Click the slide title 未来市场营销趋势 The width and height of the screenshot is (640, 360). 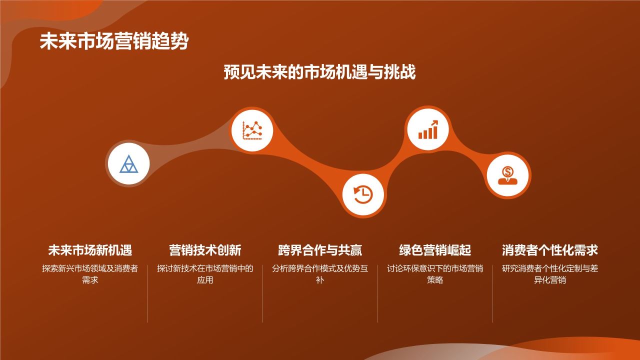click(114, 42)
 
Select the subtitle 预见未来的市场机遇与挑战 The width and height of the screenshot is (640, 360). click(319, 72)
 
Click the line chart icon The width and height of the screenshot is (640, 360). click(252, 130)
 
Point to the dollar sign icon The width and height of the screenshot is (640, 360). click(508, 175)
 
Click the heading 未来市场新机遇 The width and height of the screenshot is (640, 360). click(90, 250)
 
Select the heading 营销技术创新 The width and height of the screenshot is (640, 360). click(205, 250)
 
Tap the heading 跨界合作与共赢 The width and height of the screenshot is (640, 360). click(320, 250)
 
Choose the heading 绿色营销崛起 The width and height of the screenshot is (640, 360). click(435, 250)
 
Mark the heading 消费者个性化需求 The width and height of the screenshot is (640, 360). click(550, 250)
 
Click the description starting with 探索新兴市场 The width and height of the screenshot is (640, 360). click(90, 274)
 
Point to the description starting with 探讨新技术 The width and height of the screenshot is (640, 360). click(205, 274)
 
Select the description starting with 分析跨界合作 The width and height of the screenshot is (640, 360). click(320, 274)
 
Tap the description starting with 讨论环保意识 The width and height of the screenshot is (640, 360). click(435, 274)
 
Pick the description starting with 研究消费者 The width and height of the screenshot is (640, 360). click(550, 274)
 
